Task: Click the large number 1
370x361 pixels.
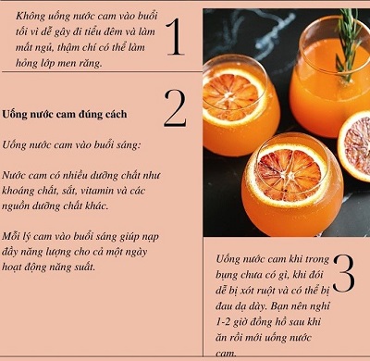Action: pyautogui.click(x=176, y=37)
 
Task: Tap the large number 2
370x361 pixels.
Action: pyautogui.click(x=175, y=108)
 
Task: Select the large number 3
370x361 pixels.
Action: pyautogui.click(x=343, y=273)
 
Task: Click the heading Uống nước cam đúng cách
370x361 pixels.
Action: pyautogui.click(x=65, y=115)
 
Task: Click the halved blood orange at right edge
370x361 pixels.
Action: pyautogui.click(x=354, y=146)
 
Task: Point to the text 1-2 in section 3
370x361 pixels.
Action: pyautogui.click(x=223, y=322)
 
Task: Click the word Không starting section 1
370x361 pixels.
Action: pyautogui.click(x=31, y=16)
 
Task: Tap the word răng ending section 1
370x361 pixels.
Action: pyautogui.click(x=91, y=64)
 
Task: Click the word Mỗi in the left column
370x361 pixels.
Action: pyautogui.click(x=10, y=236)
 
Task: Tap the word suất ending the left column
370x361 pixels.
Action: pyautogui.click(x=85, y=267)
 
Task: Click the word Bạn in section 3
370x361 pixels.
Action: pyautogui.click(x=281, y=306)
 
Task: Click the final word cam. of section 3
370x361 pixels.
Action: pyautogui.click(x=227, y=354)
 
